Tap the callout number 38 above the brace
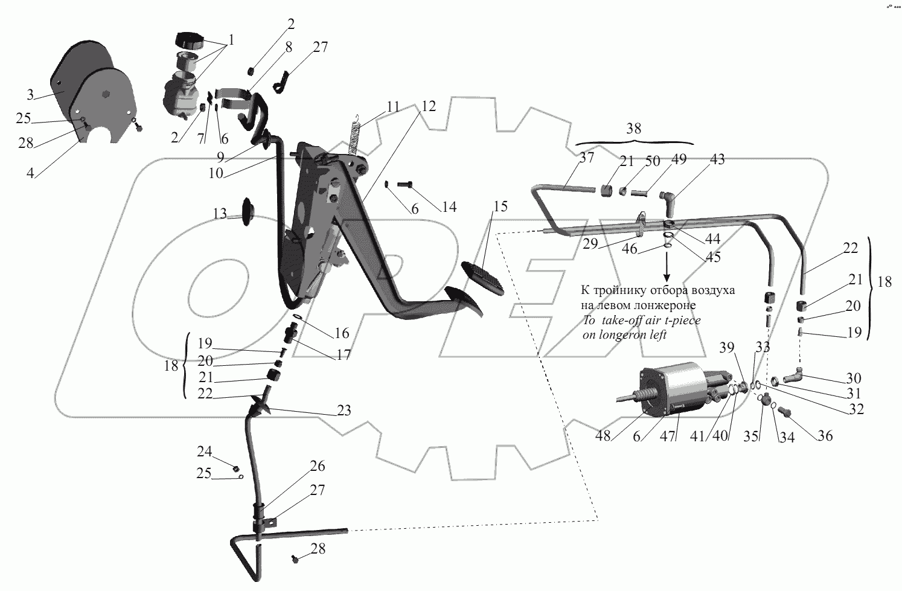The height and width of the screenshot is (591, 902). tap(633, 129)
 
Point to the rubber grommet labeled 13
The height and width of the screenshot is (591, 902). tap(248, 212)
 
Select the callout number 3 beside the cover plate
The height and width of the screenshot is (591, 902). tap(30, 94)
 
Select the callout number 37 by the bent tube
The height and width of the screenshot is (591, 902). tap(587, 158)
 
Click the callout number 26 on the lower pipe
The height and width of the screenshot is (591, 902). tap(318, 466)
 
